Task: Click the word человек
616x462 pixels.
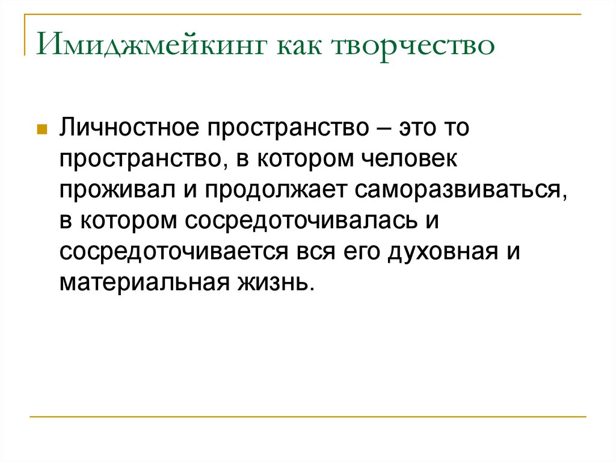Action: pos(410,160)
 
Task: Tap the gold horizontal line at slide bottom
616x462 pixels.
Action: pos(307,416)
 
